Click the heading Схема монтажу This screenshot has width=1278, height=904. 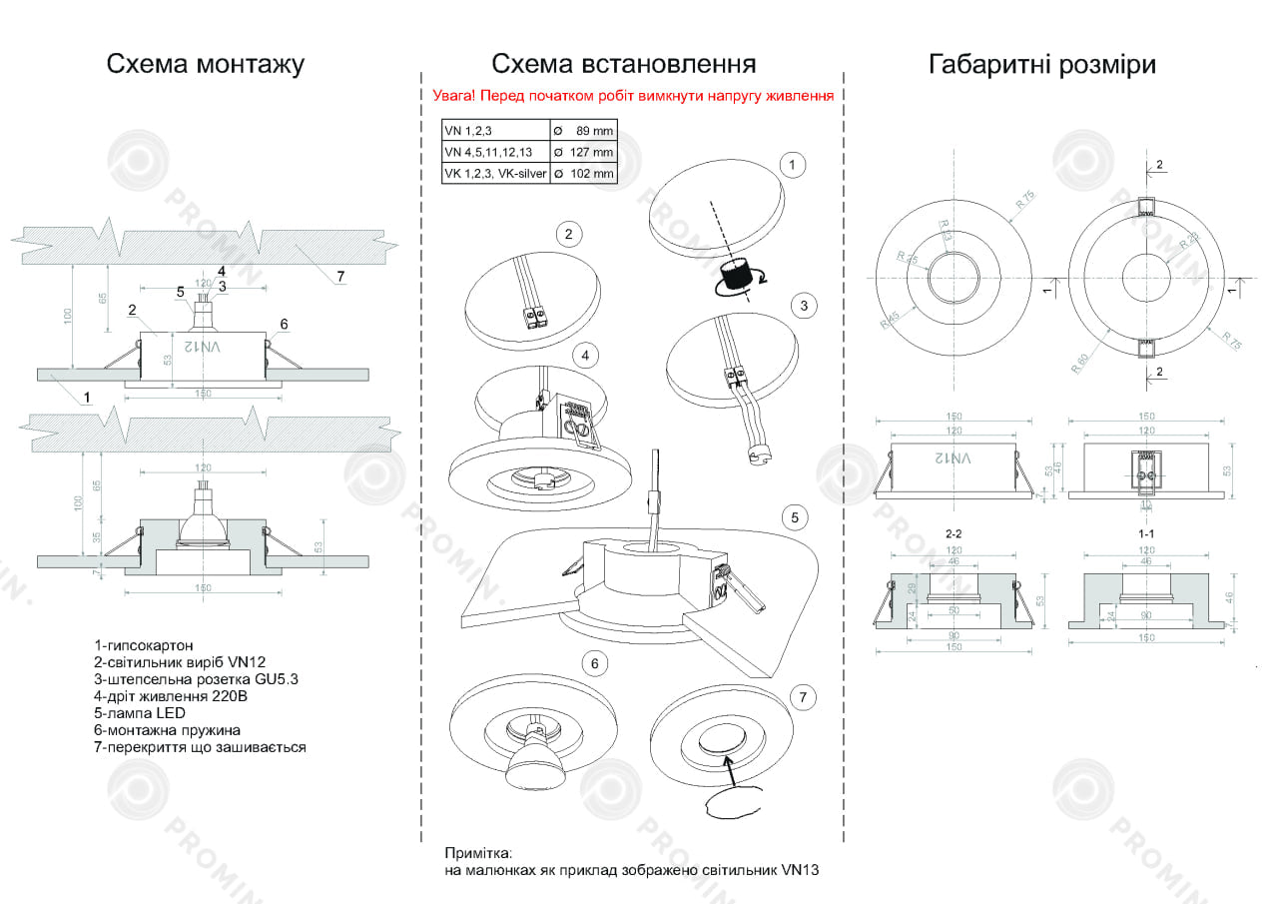click(x=205, y=65)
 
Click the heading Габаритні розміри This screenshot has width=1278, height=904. click(x=1042, y=65)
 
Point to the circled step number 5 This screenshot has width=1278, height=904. click(x=794, y=517)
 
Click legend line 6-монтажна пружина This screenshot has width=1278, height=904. click(x=167, y=730)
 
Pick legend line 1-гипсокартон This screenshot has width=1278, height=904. click(x=144, y=645)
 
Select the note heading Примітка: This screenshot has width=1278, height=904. click(x=478, y=854)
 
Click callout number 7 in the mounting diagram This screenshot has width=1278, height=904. click(x=340, y=276)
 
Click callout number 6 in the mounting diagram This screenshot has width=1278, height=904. click(x=285, y=324)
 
